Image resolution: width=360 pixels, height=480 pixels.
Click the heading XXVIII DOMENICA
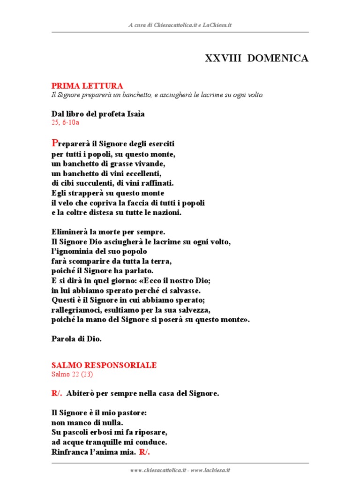(257, 59)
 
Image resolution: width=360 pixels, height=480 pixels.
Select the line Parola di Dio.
(76, 339)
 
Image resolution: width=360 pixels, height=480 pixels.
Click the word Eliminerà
(70, 232)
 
